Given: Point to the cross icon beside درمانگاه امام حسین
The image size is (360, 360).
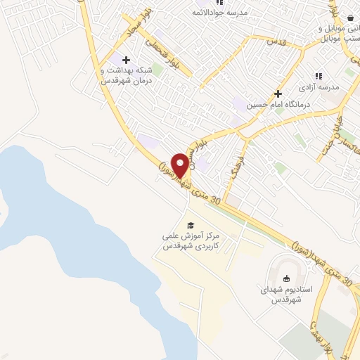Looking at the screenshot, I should pyautogui.click(x=278, y=94).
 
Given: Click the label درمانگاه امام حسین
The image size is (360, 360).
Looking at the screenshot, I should pyautogui.click(x=276, y=104).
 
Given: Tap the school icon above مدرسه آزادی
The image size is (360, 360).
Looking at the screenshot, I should pyautogui.click(x=318, y=76).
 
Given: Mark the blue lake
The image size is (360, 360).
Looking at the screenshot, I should pyautogui.click(x=70, y=232).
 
